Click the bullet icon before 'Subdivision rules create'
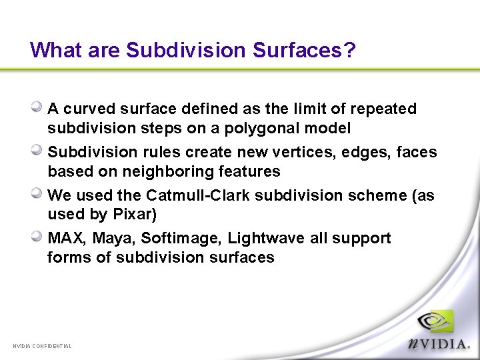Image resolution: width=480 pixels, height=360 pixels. point(38,150)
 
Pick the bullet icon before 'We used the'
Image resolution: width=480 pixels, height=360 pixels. point(38,193)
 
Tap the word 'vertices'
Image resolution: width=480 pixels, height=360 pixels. point(307,152)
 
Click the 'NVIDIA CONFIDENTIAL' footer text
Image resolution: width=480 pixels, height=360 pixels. point(42,346)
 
